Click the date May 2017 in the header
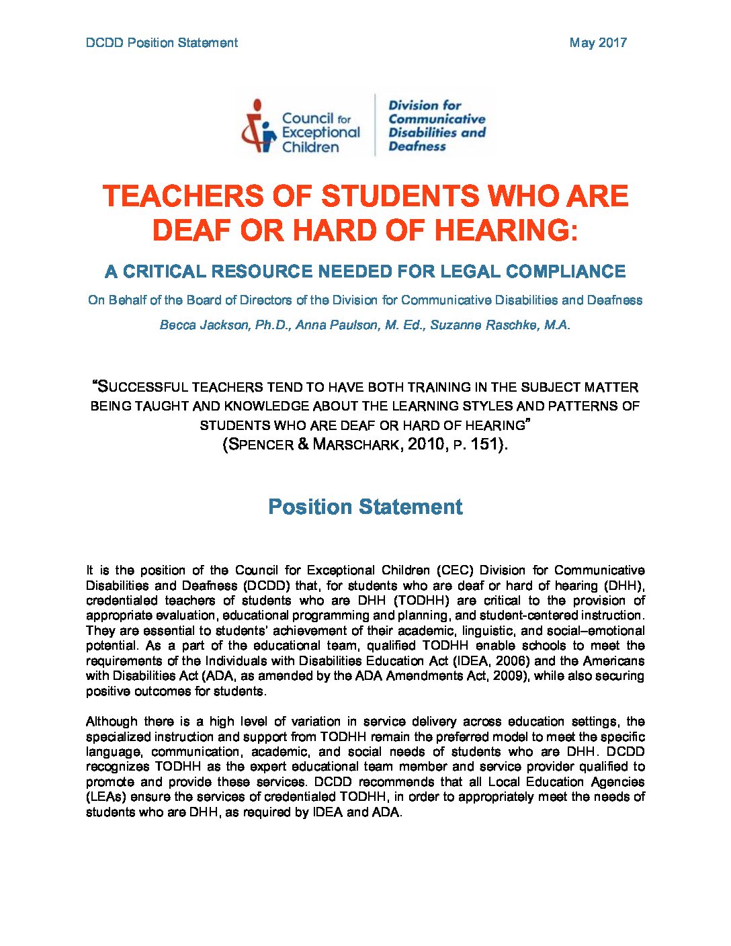[x=597, y=43]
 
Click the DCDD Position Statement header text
[x=162, y=43]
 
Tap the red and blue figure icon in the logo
[x=259, y=126]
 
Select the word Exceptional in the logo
[x=320, y=133]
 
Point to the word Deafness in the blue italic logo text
[x=417, y=146]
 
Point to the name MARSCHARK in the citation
[x=353, y=445]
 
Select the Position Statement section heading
[x=365, y=507]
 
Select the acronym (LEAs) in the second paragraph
[x=105, y=797]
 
